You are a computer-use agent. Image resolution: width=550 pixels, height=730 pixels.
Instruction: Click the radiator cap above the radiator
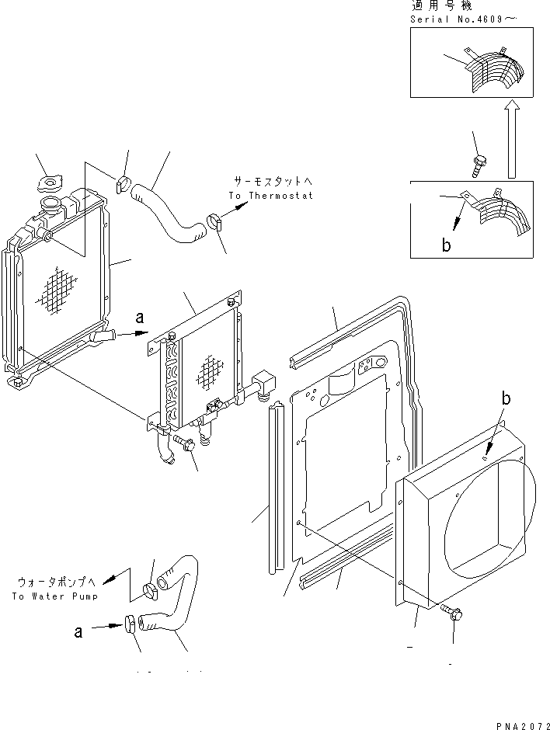coord(50,182)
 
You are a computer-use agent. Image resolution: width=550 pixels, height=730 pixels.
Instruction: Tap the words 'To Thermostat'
coord(270,196)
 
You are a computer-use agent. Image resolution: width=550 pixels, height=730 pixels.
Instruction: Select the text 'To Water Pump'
coord(55,596)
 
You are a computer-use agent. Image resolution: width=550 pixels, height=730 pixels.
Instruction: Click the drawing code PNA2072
coord(523,725)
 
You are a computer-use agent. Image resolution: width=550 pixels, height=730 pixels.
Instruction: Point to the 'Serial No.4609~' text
coord(464,19)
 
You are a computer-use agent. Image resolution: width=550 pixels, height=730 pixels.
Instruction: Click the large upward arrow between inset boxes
coord(512,139)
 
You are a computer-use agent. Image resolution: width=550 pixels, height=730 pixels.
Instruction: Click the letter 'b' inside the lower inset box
coord(446,245)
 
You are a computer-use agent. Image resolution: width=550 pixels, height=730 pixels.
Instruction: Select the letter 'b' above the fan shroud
coord(506,398)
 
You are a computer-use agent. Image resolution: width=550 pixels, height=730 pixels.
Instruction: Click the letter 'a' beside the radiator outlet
coord(140,318)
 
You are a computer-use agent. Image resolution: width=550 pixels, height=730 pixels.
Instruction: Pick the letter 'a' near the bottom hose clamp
coord(78,631)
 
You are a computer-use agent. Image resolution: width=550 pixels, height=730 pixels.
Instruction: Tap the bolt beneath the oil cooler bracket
coord(185,443)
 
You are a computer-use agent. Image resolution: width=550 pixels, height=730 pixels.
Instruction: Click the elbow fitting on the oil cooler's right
coord(264,384)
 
